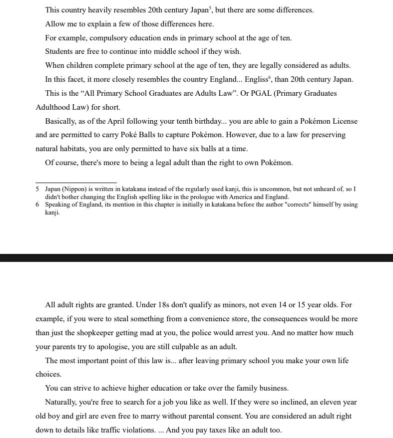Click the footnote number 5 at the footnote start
(x=37, y=190)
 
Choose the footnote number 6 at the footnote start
(x=37, y=205)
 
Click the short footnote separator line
(x=76, y=183)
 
